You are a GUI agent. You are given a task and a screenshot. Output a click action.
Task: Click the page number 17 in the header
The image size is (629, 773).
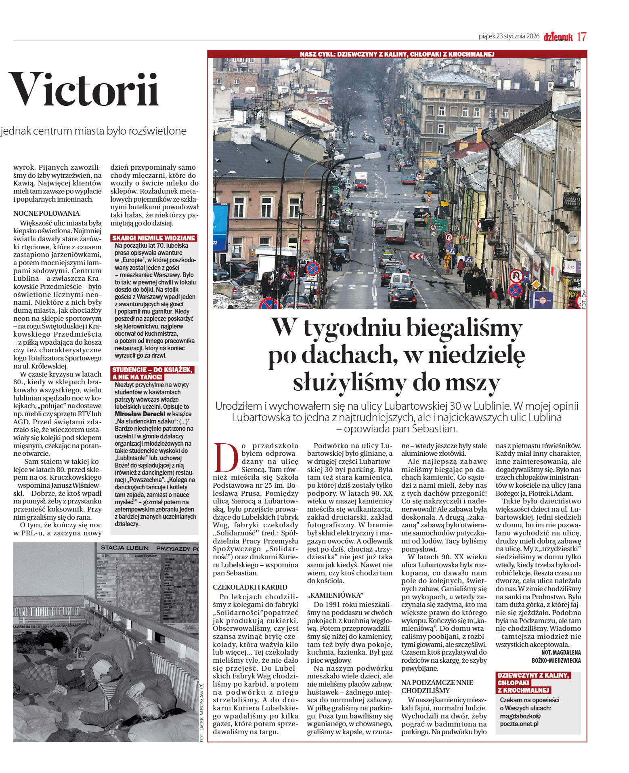click(x=581, y=37)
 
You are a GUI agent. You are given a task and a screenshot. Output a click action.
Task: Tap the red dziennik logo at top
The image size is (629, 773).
click(x=558, y=37)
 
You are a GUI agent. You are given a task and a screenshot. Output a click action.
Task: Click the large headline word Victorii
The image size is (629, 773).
click(x=84, y=90)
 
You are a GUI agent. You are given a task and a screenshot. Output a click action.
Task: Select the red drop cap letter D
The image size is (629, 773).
click(x=226, y=457)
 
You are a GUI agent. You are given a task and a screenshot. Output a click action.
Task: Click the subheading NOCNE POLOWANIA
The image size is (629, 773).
click(x=46, y=213)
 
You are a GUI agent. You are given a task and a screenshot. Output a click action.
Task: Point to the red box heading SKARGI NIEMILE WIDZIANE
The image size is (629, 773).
click(x=154, y=238)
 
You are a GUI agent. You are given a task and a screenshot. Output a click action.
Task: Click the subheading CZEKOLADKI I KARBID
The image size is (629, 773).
click(x=250, y=587)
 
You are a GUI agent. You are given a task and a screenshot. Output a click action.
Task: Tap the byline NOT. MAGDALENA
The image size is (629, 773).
click(x=561, y=652)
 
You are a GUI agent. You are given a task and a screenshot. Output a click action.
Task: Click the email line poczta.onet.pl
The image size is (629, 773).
click(x=519, y=723)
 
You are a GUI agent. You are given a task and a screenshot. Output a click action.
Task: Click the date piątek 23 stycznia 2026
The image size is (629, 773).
click(x=509, y=36)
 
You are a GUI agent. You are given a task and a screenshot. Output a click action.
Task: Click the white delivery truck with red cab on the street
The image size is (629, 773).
click(x=361, y=181)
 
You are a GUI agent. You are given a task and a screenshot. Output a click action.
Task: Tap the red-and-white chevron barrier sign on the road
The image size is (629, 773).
click(x=416, y=256)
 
